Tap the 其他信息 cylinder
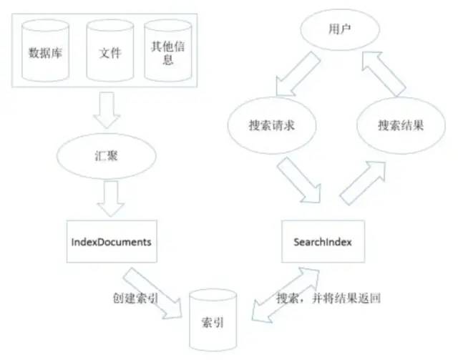(x=167, y=52)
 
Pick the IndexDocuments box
(x=111, y=242)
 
